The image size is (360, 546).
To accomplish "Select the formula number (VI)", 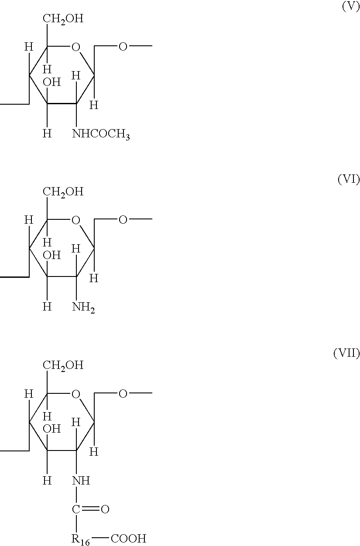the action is pos(349,179).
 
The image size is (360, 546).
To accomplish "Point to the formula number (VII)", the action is pos(346,353).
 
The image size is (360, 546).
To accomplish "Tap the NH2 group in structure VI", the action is pos(83,307).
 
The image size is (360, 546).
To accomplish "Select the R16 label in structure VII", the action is pos(80,539).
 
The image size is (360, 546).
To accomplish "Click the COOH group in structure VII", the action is pos(129,539).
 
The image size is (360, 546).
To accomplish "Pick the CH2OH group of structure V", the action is pos(63,19).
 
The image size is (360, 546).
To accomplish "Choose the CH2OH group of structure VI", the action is pos(63,192).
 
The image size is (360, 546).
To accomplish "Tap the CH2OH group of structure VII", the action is pos(63,365).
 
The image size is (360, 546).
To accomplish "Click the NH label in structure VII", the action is pos(81,480).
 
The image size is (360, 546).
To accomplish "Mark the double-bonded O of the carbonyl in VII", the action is pos(105,509).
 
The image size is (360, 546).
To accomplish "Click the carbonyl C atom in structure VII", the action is pos(76,509).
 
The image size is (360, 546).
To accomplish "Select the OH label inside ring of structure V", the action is pos(51,82).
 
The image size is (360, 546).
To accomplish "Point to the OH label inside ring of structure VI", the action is pos(51,256).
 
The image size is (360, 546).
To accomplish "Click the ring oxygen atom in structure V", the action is pos(76,47).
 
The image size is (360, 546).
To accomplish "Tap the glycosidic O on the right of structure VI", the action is pos(123,220).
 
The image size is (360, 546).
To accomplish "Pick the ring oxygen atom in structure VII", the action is pos(76,394).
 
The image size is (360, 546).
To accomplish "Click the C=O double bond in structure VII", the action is pos(90,509).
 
